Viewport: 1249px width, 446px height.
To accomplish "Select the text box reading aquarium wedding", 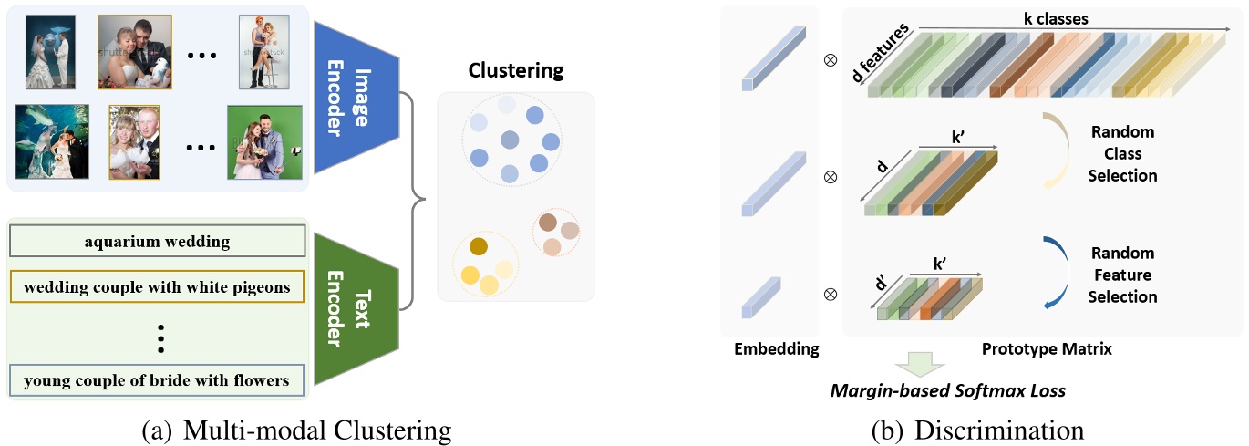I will (157, 242).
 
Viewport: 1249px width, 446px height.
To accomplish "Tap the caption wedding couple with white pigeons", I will (157, 287).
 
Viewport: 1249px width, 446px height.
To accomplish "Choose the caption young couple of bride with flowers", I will (157, 379).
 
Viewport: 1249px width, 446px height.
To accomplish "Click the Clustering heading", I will (516, 70).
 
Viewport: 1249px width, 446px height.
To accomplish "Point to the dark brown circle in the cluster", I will (547, 222).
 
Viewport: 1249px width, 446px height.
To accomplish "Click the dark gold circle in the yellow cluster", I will (478, 246).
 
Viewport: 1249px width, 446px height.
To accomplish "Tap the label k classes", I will (1063, 18).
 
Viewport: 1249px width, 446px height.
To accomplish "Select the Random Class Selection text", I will (1122, 153).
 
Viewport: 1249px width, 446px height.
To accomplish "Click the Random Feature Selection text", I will (1122, 275).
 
